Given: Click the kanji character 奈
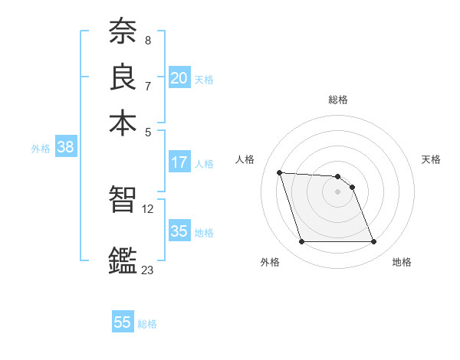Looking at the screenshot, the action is [123, 33].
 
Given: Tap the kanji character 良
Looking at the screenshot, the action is [123, 77].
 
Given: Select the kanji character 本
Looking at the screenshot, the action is [123, 123].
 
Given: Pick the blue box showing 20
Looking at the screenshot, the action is [179, 78].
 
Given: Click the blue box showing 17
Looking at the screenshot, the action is [179, 162].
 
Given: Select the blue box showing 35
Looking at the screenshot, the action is [179, 231].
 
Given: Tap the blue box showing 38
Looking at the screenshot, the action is [65, 148].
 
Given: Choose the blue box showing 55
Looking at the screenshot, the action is [123, 322].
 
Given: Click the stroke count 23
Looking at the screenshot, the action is [148, 270].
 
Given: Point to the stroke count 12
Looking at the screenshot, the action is [148, 208].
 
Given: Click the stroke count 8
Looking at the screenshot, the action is [147, 40].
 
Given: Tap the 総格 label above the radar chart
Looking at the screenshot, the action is [338, 100].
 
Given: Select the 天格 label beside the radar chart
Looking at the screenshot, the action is [432, 159].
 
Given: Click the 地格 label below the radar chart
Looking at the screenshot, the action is [402, 262].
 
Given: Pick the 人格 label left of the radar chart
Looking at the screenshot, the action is [245, 159].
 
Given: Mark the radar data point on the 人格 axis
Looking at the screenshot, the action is [280, 172].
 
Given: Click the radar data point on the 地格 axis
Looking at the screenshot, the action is [373, 242].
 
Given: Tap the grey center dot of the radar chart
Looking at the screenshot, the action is [338, 191].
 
